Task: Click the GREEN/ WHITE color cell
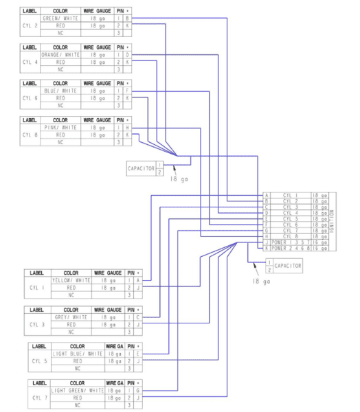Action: tap(60, 19)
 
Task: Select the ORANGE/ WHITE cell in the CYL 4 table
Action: tap(60, 54)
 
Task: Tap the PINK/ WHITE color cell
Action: tap(60, 128)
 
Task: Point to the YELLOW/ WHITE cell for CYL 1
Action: tap(71, 280)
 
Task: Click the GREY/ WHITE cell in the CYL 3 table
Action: tap(71, 317)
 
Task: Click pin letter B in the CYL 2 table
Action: tap(127, 19)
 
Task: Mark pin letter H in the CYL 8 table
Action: tap(127, 128)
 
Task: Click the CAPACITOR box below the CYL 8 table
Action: tap(142, 168)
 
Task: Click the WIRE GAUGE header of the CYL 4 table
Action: tap(98, 47)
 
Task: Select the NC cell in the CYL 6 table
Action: tap(60, 106)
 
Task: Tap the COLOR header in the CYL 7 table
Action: tap(77, 382)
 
